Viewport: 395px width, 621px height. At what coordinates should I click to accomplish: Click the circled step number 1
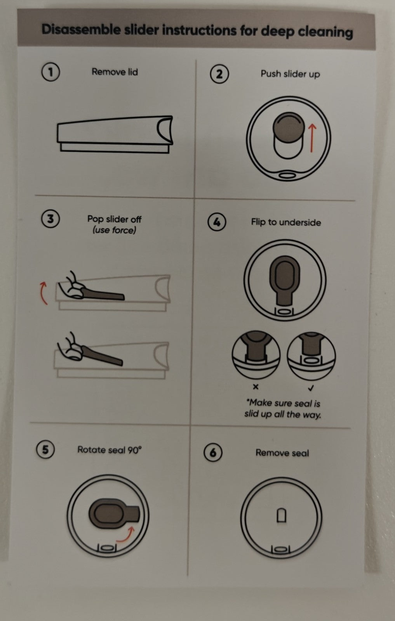[x=50, y=72]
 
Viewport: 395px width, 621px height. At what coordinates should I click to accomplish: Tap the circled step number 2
[x=219, y=74]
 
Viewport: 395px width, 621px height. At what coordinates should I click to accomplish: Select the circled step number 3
[x=50, y=219]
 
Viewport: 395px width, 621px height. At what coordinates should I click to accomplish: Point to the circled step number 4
[x=217, y=222]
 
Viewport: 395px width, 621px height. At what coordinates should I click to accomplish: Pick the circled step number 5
[x=45, y=449]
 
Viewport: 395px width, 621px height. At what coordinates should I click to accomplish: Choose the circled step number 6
[x=213, y=453]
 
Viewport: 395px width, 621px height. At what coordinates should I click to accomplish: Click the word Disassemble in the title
[x=81, y=29]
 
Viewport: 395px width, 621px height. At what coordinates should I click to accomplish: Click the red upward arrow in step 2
[x=312, y=138]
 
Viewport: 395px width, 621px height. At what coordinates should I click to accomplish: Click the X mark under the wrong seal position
[x=256, y=387]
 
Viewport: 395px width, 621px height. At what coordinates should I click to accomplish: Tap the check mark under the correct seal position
[x=311, y=388]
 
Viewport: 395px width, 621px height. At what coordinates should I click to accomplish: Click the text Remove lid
[x=115, y=72]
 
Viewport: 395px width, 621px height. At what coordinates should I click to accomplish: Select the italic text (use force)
[x=115, y=230]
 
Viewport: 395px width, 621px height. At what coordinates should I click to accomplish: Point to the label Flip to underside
[x=286, y=222]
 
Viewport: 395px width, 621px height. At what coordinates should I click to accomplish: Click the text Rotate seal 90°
[x=109, y=450]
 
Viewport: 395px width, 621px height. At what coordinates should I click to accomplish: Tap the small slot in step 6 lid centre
[x=282, y=515]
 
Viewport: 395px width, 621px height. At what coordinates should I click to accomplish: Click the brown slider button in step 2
[x=289, y=128]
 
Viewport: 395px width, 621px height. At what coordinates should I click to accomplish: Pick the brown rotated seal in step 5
[x=114, y=513]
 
